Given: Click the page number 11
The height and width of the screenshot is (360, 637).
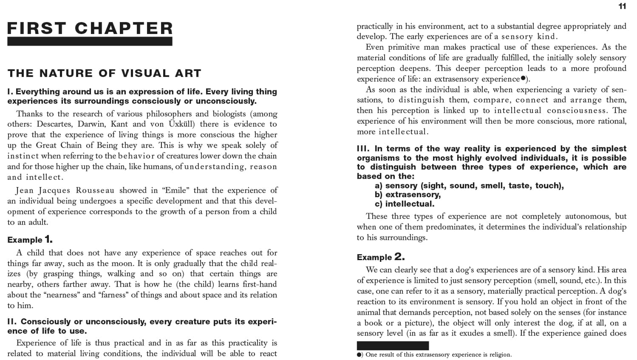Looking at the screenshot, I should (622, 6).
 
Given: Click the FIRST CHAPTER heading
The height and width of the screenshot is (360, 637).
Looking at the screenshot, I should (90, 28).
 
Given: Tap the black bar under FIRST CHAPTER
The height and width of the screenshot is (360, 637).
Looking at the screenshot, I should (90, 41).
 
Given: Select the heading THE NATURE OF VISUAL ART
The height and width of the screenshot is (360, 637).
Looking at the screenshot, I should (104, 73).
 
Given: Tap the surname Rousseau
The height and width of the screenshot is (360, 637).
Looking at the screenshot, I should (95, 190).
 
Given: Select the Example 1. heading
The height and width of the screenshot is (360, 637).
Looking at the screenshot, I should (30, 239).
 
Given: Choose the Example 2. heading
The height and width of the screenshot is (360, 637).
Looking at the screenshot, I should (381, 257).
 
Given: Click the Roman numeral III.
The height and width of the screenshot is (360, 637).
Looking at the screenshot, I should (363, 149).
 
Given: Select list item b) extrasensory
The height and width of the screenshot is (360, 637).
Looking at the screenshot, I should (408, 195).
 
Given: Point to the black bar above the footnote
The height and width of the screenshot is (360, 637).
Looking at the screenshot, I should (393, 346).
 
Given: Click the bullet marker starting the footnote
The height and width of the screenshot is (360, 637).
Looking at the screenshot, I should (360, 354).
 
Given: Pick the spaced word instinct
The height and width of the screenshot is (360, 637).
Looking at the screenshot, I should (23, 156).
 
